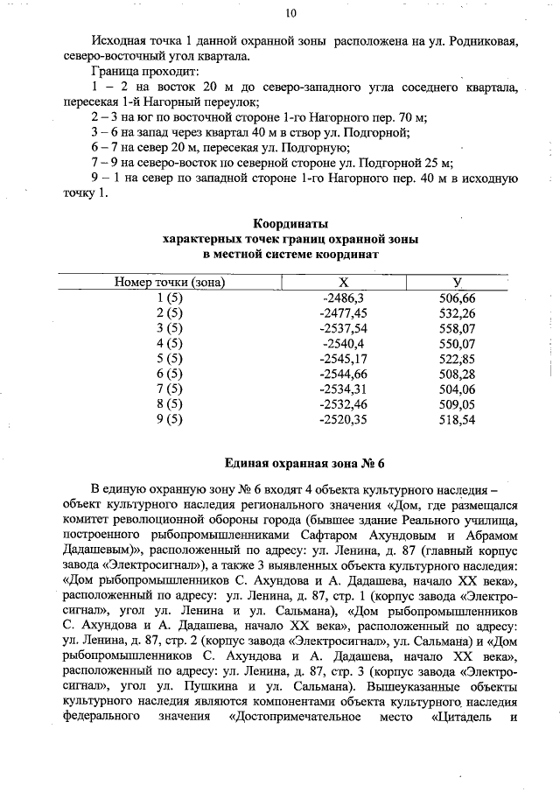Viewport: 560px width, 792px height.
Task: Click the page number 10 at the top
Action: [x=290, y=12]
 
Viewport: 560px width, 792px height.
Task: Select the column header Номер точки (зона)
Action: [x=170, y=283]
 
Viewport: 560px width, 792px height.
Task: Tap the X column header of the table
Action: [x=343, y=283]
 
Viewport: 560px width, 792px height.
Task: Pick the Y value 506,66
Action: [x=458, y=298]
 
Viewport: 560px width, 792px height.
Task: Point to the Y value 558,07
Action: [x=458, y=328]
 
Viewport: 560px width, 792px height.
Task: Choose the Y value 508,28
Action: [x=458, y=374]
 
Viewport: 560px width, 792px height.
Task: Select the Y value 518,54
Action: [x=458, y=419]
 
